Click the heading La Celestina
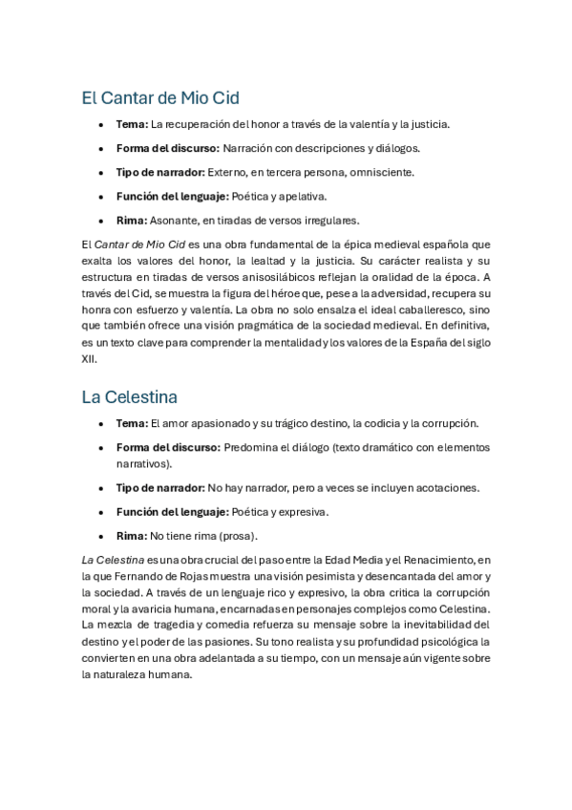(x=129, y=396)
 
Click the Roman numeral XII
(x=89, y=360)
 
